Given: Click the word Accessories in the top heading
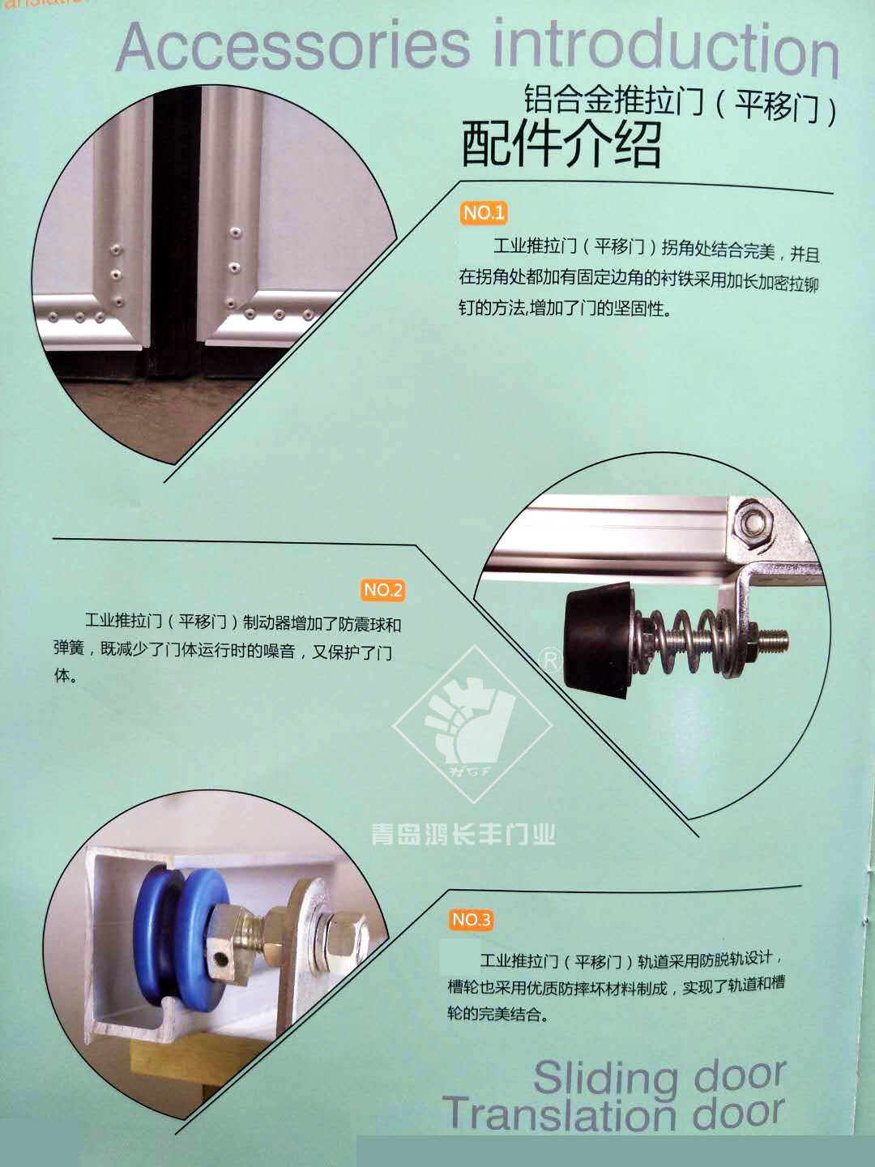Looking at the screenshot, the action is (293, 47).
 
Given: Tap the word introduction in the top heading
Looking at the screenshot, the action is (666, 49).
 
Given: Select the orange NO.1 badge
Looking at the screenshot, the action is (483, 213).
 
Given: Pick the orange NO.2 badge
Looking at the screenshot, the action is (383, 590).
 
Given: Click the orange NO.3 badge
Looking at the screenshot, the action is (472, 919).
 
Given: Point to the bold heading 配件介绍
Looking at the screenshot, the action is (561, 143).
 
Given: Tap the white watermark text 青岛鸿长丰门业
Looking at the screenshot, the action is (463, 835).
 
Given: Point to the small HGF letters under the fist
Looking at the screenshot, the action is (470, 771).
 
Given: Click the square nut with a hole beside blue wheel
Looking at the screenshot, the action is (222, 958).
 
